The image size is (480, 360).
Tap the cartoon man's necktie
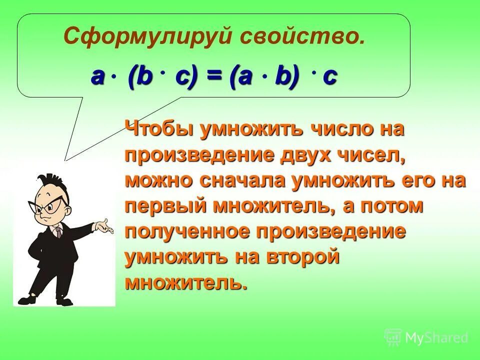58,232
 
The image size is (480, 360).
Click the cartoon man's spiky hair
50,181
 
